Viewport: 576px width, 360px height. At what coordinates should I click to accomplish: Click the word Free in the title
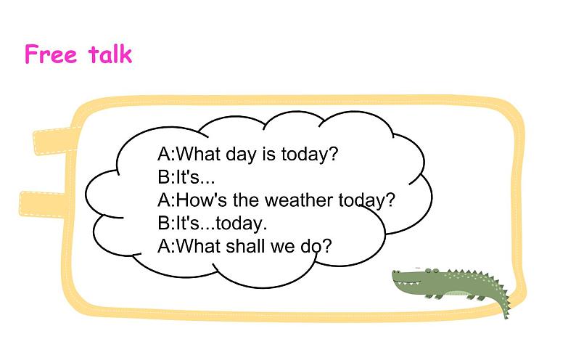[51, 54]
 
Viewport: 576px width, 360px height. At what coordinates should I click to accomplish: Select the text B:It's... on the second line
[186, 177]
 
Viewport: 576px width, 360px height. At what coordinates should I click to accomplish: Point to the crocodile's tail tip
[506, 316]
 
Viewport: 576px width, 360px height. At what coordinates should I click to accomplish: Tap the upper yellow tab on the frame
[54, 140]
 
